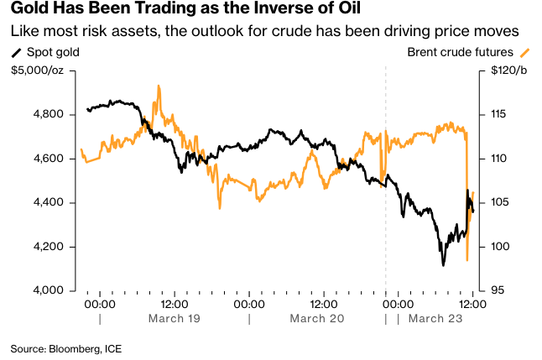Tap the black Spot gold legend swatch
(17, 52)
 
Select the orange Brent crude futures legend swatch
(524, 52)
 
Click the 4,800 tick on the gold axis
(48, 114)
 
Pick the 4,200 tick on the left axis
(48, 247)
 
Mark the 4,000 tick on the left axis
(48, 291)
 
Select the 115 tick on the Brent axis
(498, 114)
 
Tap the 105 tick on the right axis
(498, 202)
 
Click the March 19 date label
(173, 319)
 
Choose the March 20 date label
(317, 319)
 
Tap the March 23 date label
(436, 319)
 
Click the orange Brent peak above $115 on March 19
(158, 86)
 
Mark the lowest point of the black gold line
(443, 265)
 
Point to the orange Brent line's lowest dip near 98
(466, 260)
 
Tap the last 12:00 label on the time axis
(472, 304)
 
